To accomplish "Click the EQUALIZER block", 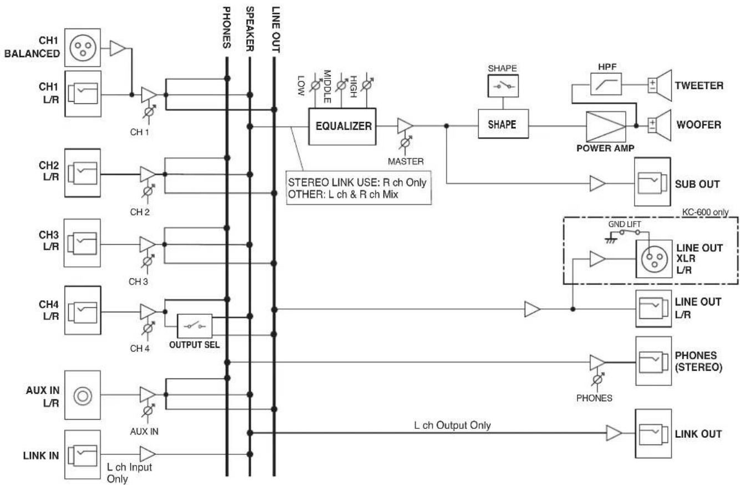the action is pos(342,126).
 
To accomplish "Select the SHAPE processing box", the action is pos(503,124).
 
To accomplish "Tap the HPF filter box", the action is pos(606,84).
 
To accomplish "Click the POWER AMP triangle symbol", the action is pos(606,127).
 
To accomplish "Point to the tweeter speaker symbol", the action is pos(660,86).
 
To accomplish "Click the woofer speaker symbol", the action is pos(660,126).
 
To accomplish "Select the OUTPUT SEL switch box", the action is pos(195,326).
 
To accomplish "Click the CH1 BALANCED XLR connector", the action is pos(83,48).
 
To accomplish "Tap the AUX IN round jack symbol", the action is pos(83,396).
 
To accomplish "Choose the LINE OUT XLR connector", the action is pos(654,259).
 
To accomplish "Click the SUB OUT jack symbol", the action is pos(652,182).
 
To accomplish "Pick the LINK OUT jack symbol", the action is pos(653,433).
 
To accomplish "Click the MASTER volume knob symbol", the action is pos(406,143).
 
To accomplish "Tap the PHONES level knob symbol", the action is pos(597,380).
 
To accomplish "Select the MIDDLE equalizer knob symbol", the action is pos(341,85).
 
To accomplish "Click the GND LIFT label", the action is pos(625,224).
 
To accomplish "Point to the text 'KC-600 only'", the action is pos(705,212).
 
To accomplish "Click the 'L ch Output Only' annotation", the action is pos(452,425).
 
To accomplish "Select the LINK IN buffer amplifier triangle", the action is pos(148,454).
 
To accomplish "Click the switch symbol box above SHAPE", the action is pos(503,86).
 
